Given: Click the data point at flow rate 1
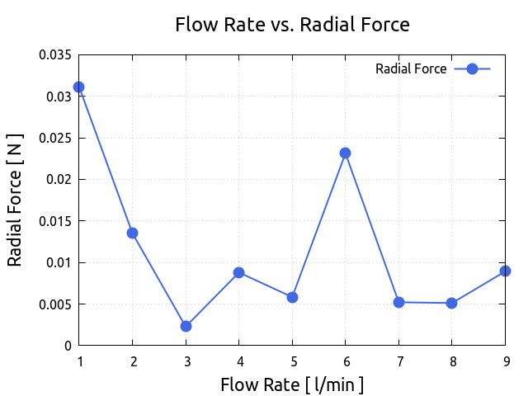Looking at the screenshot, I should coord(78,87).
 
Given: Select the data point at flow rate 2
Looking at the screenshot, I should coord(132,233).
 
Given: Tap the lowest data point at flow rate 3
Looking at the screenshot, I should coord(186,326).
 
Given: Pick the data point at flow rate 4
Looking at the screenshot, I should coord(238,272).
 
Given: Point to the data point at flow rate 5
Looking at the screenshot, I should coord(292,297).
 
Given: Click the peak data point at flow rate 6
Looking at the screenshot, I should coord(345,153).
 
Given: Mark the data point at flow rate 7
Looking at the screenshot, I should coord(398,302).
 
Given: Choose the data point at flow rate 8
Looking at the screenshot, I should coord(452,303).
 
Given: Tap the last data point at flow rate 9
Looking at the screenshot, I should coord(505,271).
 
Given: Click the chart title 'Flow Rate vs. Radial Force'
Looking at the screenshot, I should coord(292,25).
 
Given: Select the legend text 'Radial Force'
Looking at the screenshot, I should coord(411,69).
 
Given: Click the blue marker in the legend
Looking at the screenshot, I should coord(472,69).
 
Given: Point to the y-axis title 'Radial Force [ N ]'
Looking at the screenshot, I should coord(15,200).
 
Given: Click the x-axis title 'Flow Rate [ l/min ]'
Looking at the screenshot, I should coord(292,384).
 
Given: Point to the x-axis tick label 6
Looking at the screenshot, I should coord(345,361).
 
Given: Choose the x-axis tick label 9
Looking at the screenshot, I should coord(505,361).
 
